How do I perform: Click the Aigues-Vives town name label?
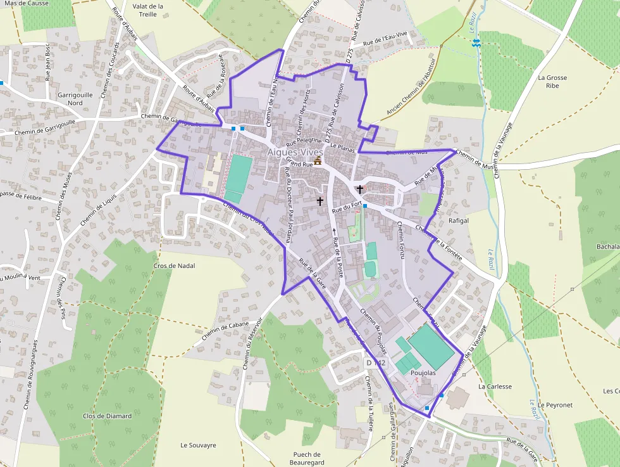tap(295, 152)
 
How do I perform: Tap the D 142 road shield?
tap(376, 362)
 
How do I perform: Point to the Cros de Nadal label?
tap(174, 265)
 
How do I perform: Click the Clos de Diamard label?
tap(108, 416)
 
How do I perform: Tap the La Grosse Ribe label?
tap(552, 82)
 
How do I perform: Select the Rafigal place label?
tap(458, 221)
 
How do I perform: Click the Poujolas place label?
tap(423, 373)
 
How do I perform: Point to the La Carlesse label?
tap(495, 386)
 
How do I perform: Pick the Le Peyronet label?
tap(555, 404)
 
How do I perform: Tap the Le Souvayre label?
tap(198, 445)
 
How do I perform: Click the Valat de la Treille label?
tap(149, 10)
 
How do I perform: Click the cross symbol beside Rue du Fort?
tap(360, 189)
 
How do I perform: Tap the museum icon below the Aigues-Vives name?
tap(318, 162)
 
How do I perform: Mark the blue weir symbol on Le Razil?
tap(476, 42)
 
